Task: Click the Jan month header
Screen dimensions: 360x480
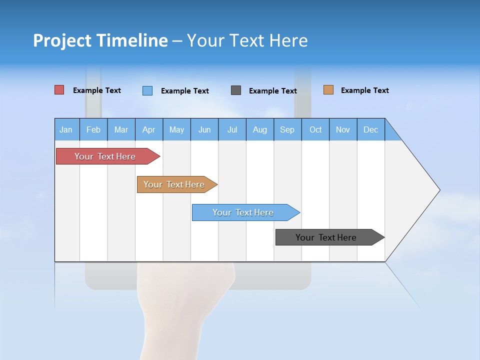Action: point(66,129)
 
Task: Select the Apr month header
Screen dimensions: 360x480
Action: point(149,129)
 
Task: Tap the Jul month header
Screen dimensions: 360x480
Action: point(232,129)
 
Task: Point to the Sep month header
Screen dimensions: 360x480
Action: point(287,129)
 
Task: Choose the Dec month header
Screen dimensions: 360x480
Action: point(370,129)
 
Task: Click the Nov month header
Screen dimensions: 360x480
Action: point(343,129)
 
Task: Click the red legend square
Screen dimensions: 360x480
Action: point(59,90)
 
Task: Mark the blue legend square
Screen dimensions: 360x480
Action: point(147,90)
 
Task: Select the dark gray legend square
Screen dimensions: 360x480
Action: point(236,90)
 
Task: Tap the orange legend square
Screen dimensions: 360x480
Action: point(328,90)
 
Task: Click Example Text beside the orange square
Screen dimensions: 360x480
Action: point(364,90)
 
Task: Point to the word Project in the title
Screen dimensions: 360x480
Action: point(62,40)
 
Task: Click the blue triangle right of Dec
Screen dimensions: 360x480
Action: point(391,132)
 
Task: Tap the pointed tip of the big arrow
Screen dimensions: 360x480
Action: point(438,190)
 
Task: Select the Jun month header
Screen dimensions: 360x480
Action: point(204,129)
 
